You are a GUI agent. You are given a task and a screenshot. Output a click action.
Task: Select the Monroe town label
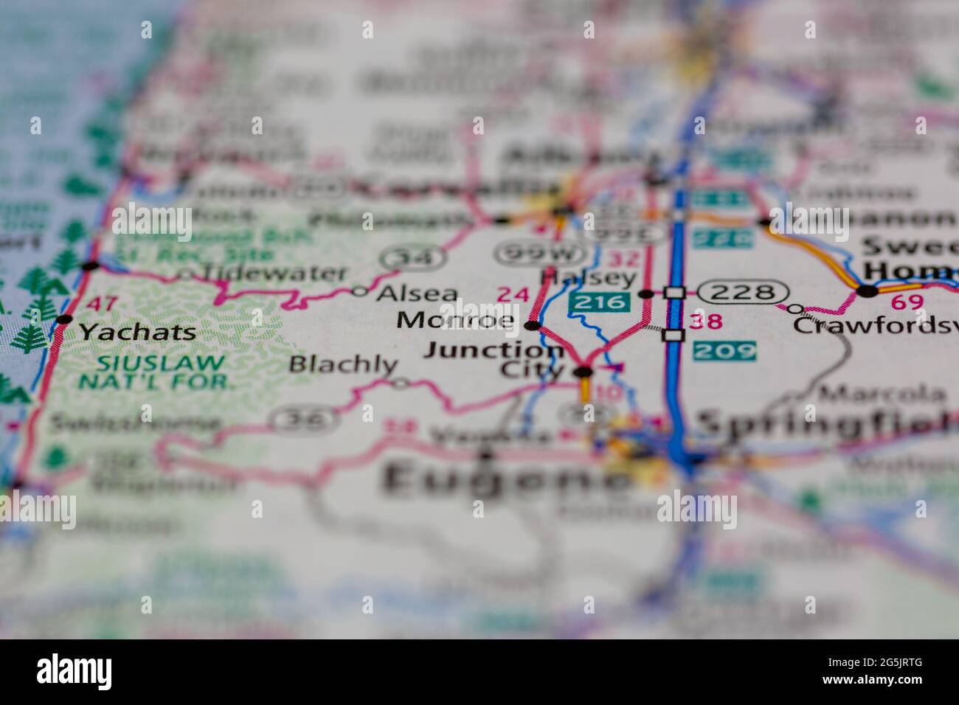click(455, 321)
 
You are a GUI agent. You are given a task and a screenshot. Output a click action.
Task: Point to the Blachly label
click(343, 364)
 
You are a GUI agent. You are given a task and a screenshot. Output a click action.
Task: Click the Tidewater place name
click(274, 274)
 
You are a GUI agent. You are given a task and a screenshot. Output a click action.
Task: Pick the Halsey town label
click(588, 278)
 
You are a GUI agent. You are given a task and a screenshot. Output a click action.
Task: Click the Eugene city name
click(505, 479)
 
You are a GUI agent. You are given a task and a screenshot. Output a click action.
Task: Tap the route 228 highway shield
click(742, 292)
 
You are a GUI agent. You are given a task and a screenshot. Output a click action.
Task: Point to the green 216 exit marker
click(599, 301)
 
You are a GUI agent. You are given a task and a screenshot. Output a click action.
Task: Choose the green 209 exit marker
click(724, 350)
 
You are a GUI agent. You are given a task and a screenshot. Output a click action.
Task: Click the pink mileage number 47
click(100, 303)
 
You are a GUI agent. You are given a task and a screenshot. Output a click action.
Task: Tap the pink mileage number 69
click(907, 302)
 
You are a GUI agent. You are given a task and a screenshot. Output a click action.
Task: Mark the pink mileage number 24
click(513, 294)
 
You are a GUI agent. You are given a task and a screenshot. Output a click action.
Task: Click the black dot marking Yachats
click(64, 319)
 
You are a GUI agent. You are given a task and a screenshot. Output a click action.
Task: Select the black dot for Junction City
click(584, 372)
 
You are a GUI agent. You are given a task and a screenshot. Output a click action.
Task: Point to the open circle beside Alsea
click(359, 291)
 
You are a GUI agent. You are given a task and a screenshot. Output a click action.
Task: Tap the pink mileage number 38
click(704, 322)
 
